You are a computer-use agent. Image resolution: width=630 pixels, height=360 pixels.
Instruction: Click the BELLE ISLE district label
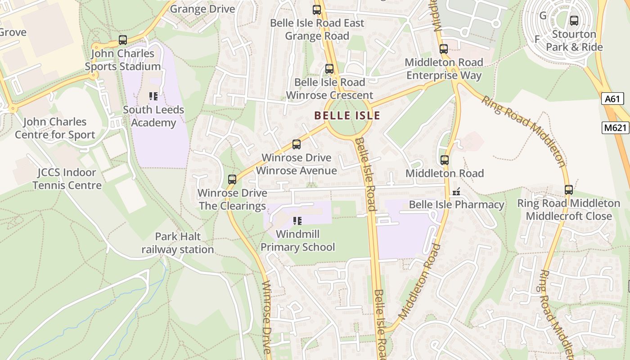click(347, 116)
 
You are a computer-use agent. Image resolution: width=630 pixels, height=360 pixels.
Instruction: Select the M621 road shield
click(615, 128)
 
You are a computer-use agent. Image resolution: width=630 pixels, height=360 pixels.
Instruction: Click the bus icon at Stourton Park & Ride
click(574, 20)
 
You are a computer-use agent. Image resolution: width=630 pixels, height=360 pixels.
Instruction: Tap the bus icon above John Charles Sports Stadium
click(123, 40)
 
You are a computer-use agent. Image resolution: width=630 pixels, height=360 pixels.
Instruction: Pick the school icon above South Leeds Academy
click(153, 96)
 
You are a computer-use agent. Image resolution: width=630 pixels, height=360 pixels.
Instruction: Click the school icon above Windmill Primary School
click(297, 220)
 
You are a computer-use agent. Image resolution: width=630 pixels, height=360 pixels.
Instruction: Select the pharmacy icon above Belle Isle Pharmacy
click(456, 192)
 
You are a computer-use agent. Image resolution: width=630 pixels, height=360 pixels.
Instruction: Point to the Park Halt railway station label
click(178, 243)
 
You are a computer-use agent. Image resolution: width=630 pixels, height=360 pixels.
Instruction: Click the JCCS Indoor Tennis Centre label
click(67, 179)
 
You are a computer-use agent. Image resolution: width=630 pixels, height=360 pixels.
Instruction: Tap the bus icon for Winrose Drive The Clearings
click(232, 179)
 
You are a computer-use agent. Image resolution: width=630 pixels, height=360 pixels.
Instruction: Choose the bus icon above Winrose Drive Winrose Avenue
click(297, 144)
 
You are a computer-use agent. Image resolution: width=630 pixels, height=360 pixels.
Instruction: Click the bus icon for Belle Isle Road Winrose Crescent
click(329, 68)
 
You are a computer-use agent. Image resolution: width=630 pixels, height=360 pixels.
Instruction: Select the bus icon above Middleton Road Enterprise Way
click(444, 49)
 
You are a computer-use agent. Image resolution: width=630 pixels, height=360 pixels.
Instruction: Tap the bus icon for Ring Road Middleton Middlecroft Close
click(569, 189)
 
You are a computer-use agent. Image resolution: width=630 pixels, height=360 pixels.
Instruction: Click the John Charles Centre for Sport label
click(55, 128)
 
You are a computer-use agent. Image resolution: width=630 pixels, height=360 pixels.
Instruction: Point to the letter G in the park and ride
click(543, 16)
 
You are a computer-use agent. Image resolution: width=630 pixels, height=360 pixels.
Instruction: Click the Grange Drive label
click(202, 9)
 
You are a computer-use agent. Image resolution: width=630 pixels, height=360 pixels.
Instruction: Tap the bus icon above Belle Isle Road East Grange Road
click(317, 9)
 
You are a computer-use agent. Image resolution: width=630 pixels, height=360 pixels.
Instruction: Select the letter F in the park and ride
click(537, 39)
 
